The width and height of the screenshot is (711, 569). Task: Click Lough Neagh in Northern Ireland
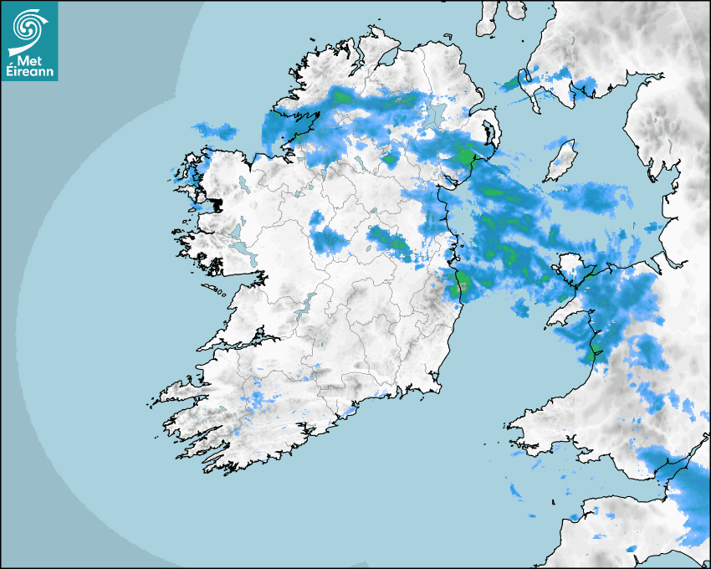tap(434, 115)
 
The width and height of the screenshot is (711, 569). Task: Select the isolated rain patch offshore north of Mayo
tap(214, 130)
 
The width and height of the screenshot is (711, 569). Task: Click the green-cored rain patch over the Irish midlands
tap(389, 243)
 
